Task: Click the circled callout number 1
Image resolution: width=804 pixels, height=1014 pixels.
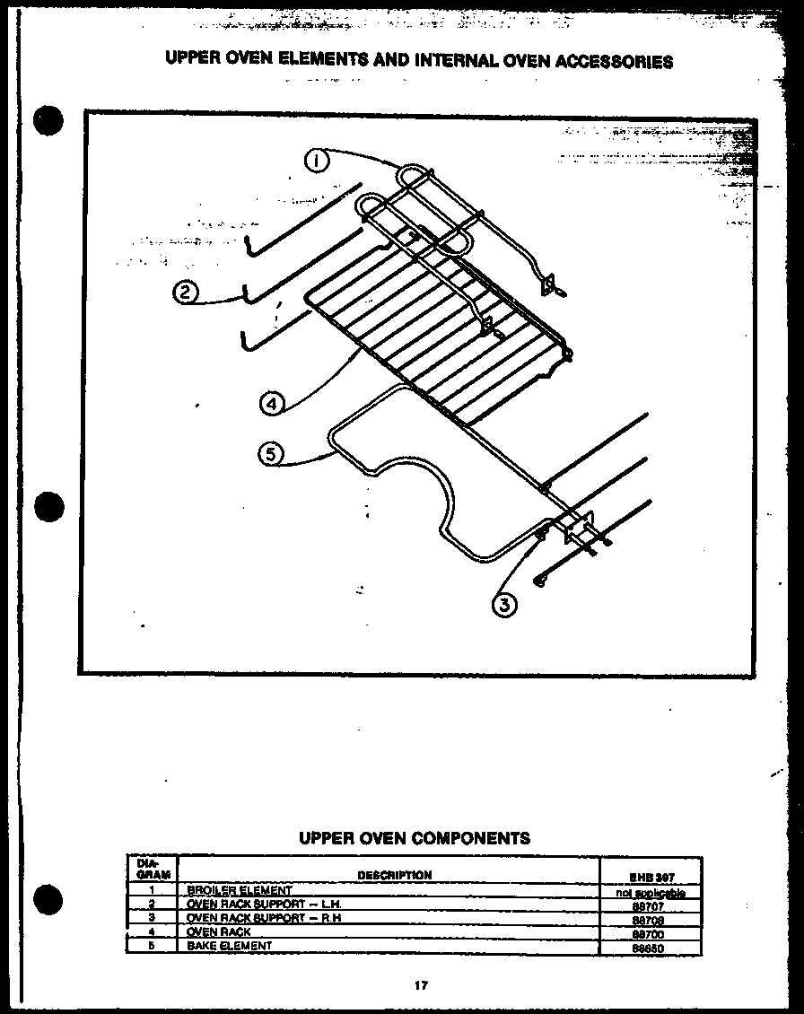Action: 317,162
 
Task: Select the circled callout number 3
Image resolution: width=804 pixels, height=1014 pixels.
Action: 505,606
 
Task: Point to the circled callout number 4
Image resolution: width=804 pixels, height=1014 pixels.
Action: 272,404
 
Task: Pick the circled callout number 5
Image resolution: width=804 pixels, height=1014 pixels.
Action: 270,454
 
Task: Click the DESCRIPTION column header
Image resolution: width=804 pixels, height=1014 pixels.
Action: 394,875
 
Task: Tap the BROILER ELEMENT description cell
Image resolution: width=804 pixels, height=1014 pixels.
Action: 240,891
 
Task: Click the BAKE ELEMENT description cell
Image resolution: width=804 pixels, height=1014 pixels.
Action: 230,946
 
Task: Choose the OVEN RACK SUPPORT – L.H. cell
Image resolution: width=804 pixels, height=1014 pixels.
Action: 264,905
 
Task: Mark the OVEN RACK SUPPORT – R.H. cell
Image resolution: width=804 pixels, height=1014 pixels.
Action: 264,918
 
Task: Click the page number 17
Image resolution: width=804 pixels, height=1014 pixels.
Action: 420,985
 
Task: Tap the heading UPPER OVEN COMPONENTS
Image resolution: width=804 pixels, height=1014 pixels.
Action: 414,838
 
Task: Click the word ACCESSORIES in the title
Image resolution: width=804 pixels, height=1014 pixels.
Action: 615,62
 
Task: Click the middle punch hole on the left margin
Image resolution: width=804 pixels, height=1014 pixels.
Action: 50,506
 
